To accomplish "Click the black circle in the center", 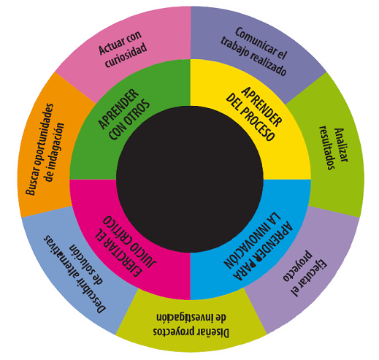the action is click(190, 179).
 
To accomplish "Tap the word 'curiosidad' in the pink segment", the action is click(126, 55).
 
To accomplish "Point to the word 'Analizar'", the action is click(342, 145).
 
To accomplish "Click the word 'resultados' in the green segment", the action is click(327, 148).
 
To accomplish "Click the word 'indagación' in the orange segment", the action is click(55, 152).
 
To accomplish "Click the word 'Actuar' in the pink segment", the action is click(109, 47).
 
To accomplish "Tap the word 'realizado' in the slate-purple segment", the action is click(268, 64).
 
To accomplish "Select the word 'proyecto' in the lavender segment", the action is click(298, 266).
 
